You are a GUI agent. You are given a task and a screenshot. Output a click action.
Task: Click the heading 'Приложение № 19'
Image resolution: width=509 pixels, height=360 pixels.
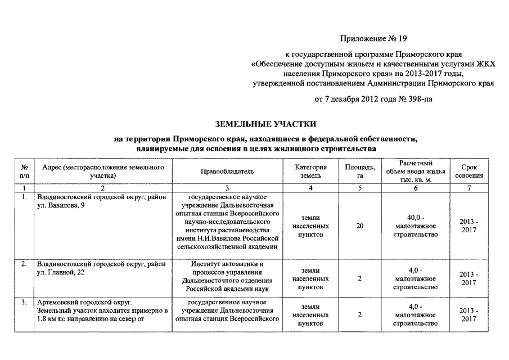tap(373, 39)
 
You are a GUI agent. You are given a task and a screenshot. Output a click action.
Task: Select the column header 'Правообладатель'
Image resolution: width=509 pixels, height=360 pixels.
tap(227, 172)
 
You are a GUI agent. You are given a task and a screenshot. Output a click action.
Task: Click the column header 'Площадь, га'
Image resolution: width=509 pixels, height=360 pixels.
tap(360, 172)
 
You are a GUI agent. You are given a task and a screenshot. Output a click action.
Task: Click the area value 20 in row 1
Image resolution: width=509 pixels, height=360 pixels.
tap(360, 226)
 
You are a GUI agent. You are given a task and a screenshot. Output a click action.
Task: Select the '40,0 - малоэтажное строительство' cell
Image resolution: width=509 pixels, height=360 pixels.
tap(416, 226)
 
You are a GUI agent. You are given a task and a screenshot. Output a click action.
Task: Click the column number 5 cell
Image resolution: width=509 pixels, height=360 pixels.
tap(360, 187)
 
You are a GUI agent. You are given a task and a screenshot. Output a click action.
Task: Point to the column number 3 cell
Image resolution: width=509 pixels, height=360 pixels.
tap(227, 187)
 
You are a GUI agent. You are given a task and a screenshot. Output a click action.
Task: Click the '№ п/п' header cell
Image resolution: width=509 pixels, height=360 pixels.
tap(24, 172)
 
